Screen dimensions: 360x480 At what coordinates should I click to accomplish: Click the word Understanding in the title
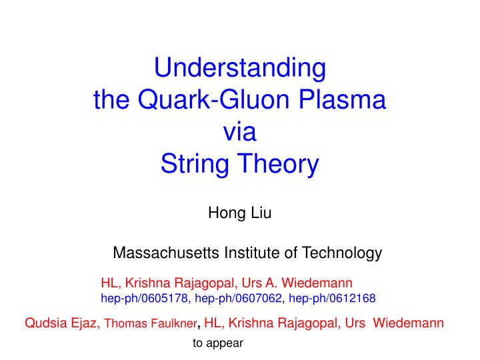(240, 68)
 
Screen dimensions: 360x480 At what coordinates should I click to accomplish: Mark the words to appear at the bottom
(218, 344)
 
